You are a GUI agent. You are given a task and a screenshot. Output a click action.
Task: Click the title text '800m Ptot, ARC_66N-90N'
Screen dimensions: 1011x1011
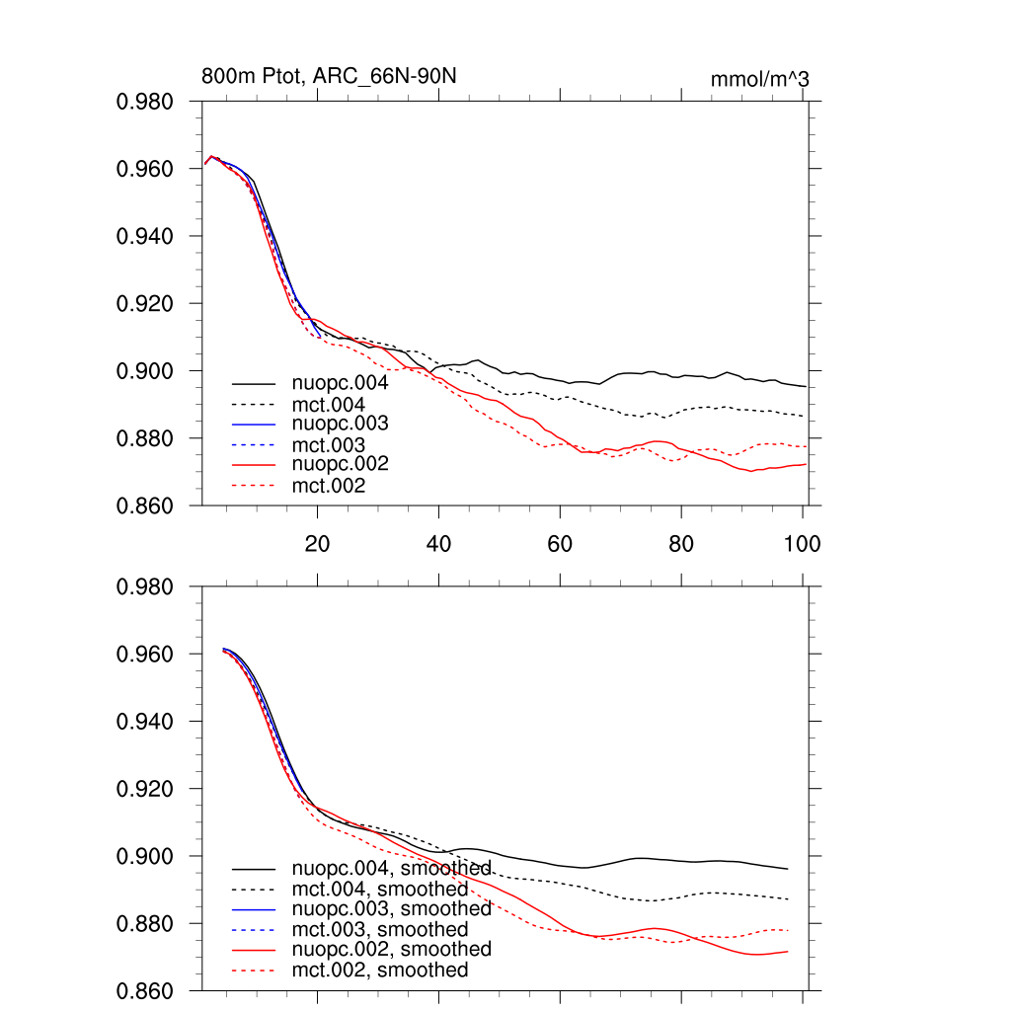pos(329,76)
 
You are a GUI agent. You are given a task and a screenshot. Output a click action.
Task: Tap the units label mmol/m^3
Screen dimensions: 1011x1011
pos(759,79)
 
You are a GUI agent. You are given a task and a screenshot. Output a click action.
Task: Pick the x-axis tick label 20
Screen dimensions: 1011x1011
pos(317,544)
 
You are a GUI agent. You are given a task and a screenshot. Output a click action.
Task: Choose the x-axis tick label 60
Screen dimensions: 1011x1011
pos(560,544)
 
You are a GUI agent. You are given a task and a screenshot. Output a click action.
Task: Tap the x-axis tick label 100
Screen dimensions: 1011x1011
pos(802,544)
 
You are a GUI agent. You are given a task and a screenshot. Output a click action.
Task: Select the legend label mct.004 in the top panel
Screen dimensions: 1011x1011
pos(329,404)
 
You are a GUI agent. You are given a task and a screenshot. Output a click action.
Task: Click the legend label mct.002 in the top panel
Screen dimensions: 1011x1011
pos(329,486)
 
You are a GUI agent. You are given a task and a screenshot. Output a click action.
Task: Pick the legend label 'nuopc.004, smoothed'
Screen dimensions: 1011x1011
pos(391,869)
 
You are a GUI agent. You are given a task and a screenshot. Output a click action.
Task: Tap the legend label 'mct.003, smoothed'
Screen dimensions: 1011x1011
pos(380,930)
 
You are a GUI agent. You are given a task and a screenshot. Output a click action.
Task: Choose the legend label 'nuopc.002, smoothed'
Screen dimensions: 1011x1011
pos(391,949)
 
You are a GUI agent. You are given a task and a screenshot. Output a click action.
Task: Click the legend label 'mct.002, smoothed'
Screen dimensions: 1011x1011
pos(380,971)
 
